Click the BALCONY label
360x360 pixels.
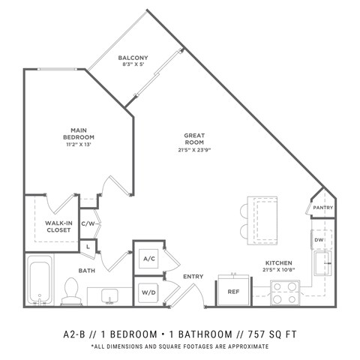click(133, 58)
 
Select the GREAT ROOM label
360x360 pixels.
click(194, 136)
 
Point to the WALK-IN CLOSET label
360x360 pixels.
click(58, 226)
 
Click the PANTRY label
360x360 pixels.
click(322, 208)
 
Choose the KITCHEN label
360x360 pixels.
click(278, 263)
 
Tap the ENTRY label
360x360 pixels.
click(193, 277)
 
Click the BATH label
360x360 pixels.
click(87, 271)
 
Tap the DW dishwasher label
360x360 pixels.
click(319, 239)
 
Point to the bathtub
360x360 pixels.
click(40, 282)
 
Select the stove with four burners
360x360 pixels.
click(285, 292)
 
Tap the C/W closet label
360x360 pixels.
click(87, 223)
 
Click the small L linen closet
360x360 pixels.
click(88, 245)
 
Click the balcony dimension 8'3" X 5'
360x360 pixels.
click(133, 66)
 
